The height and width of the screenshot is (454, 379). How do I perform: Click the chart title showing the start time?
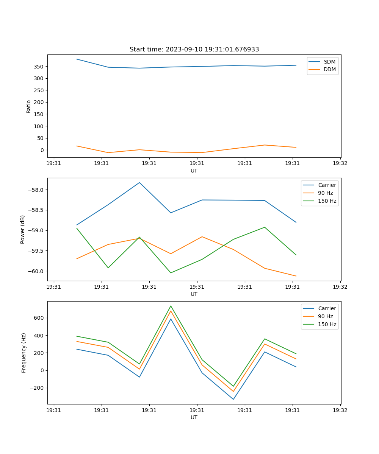pos(194,50)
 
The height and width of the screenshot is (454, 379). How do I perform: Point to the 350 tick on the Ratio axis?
pos(39,67)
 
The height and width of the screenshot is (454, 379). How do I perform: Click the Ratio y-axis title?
pos(29,106)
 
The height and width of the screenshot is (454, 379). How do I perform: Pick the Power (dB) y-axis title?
pos(23,229)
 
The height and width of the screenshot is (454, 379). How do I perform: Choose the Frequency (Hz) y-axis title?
pos(23,353)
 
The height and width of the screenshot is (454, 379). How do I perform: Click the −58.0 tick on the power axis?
pos(37,190)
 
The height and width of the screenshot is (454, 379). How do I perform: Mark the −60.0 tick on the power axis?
pos(37,271)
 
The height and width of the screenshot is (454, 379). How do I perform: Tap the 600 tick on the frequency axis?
pos(39,318)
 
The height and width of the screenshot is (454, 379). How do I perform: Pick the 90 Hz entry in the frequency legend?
pos(325,316)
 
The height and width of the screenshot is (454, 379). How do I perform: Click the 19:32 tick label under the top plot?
pos(340,163)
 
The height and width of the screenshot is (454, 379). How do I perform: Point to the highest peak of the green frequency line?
pos(171,306)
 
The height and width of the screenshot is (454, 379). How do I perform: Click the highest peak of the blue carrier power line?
pos(139,182)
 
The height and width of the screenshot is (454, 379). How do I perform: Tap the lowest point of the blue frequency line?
pos(233,399)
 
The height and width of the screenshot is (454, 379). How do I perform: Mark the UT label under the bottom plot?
pos(194,417)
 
